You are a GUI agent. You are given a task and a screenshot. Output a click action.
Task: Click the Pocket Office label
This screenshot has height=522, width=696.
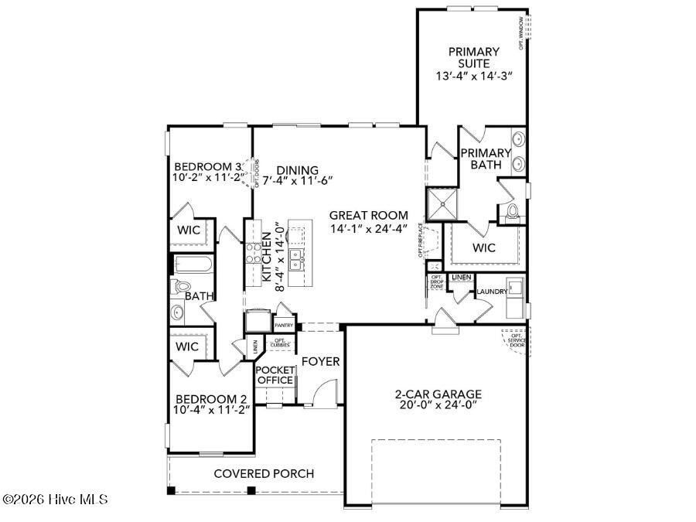tap(275, 375)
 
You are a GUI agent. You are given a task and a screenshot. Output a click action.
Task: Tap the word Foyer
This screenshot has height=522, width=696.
tap(320, 361)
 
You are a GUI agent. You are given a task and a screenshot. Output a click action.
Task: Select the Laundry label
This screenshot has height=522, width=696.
tap(492, 292)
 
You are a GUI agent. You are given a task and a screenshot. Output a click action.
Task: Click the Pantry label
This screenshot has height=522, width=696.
tap(284, 326)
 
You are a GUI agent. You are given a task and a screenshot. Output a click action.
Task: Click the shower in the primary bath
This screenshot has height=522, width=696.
tap(442, 204)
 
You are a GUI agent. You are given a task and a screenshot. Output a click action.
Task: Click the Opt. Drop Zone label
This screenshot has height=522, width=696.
tap(436, 281)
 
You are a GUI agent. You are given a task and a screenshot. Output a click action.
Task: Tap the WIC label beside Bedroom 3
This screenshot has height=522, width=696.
tap(189, 230)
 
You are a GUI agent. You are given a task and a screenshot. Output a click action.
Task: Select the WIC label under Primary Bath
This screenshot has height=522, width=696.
tap(483, 248)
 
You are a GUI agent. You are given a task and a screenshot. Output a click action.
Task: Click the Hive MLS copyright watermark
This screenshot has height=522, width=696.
tap(55, 500)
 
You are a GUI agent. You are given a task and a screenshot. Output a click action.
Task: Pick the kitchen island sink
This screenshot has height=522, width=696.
tap(296, 255)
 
